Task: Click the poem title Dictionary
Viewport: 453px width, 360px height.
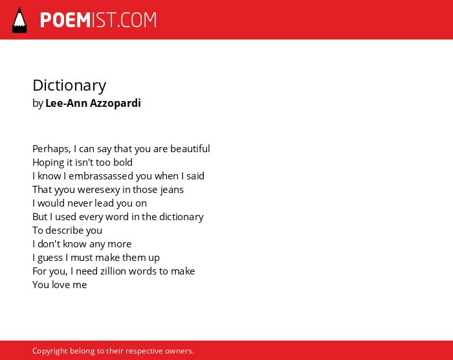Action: pos(69,85)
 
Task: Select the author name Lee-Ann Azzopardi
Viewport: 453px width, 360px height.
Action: pos(93,103)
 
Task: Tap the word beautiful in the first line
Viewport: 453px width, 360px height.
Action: pos(190,149)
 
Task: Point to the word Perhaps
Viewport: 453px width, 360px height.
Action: pos(51,149)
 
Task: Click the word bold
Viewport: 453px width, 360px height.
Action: pos(123,163)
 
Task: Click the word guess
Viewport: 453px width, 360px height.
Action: pos(50,258)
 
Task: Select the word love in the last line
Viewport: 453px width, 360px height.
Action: pos(61,285)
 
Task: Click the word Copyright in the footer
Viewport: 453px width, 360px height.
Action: pos(50,351)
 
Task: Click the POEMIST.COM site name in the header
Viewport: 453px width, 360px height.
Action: pos(98,20)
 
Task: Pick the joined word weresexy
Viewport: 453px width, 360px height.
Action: pos(99,190)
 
